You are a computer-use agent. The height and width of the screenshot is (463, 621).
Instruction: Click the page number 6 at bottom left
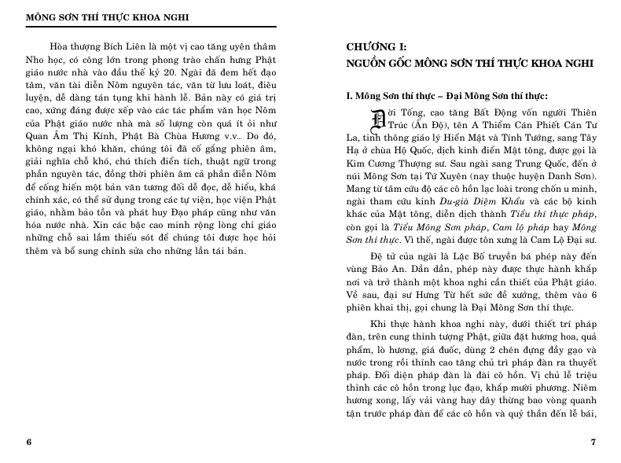29,441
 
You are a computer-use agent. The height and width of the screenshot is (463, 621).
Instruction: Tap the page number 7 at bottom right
593,441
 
